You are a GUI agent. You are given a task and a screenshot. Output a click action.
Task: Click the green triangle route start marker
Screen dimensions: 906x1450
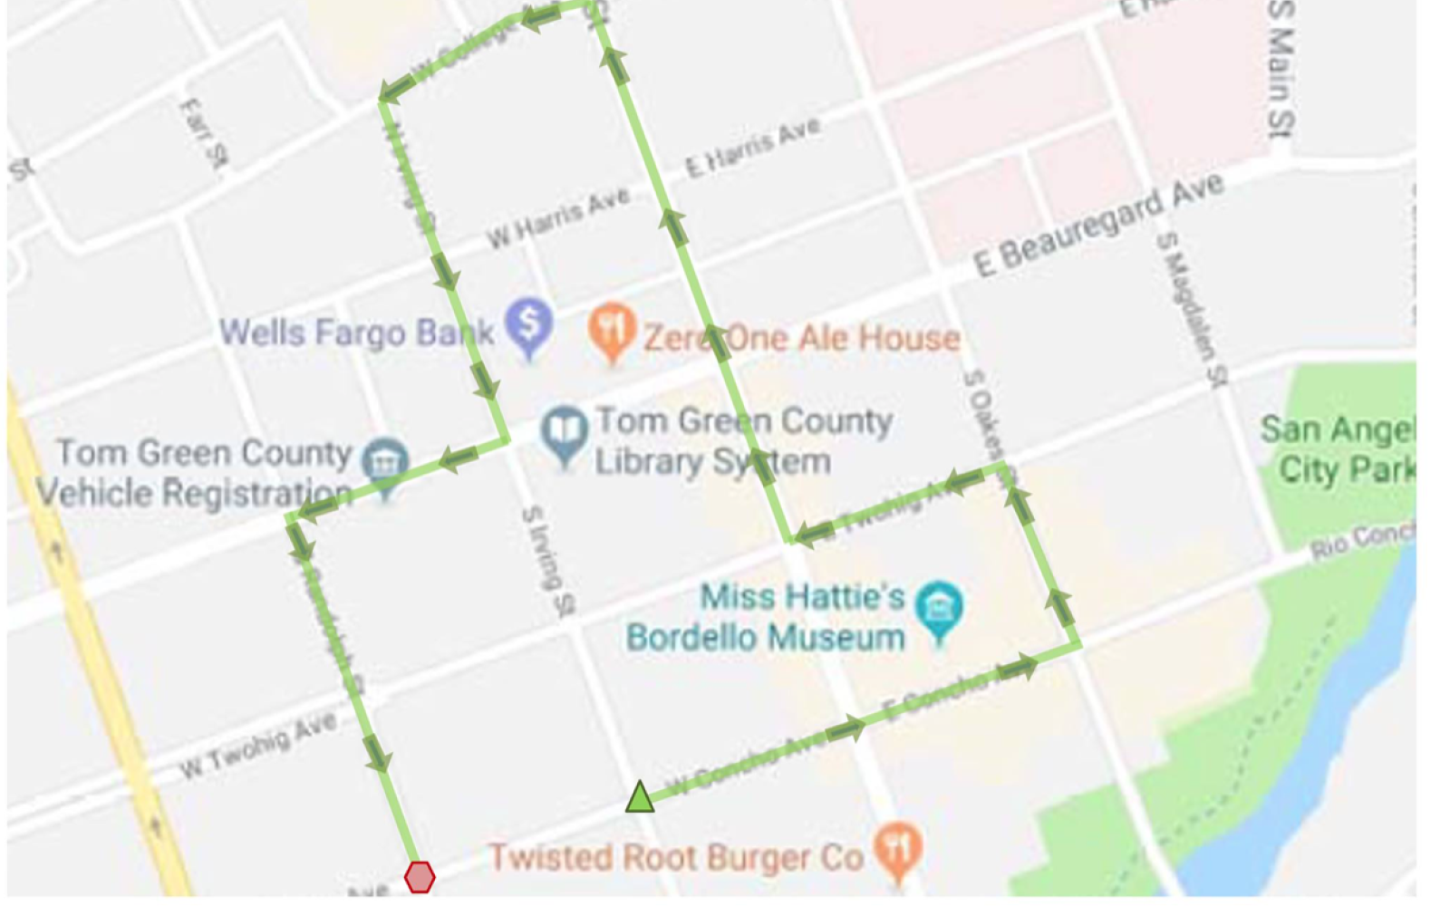tap(640, 797)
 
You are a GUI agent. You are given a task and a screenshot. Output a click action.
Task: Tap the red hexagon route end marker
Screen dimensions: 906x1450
tap(420, 876)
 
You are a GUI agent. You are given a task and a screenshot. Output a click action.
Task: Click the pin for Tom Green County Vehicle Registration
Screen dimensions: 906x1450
tap(385, 464)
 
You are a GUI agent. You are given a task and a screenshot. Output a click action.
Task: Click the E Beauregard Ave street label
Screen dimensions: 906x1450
tap(1098, 226)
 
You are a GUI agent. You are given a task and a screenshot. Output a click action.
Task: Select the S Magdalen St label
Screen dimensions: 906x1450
tap(1192, 308)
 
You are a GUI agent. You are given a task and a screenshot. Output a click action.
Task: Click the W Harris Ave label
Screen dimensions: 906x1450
tap(557, 218)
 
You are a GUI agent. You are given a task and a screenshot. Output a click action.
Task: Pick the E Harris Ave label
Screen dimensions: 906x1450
tap(753, 147)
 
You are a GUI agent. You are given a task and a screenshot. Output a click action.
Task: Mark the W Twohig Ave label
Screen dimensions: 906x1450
tap(257, 745)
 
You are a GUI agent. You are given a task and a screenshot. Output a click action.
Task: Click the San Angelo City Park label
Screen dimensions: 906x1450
tap(1337, 449)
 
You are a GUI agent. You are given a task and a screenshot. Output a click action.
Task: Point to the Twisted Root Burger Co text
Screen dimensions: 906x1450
tap(676, 856)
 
